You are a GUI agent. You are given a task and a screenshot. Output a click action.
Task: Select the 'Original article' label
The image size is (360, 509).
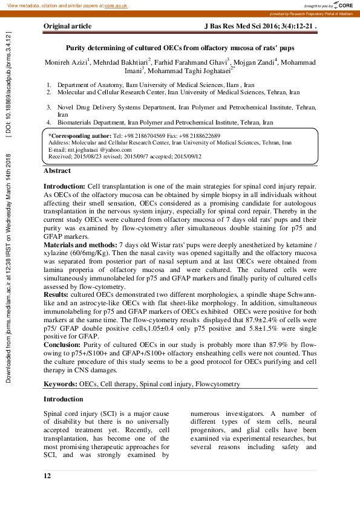67,27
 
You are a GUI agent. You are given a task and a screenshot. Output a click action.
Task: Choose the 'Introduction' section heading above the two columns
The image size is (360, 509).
64,400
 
